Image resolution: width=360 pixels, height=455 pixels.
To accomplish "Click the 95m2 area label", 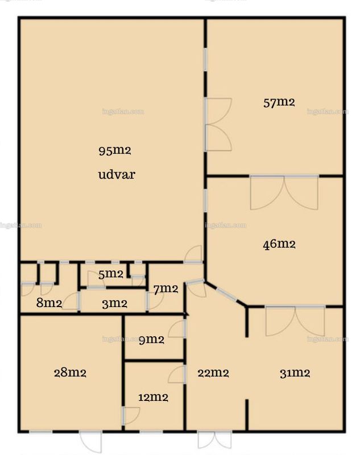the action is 115,151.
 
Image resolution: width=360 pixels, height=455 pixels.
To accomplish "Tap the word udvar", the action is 117,175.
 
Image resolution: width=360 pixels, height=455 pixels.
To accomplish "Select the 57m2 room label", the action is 279,102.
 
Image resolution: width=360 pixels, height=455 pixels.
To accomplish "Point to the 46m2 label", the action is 279,244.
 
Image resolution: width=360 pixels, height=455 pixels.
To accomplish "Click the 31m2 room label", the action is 295,373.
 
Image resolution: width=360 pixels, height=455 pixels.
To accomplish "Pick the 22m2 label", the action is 213,373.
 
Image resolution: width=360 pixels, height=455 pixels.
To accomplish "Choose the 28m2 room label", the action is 70,373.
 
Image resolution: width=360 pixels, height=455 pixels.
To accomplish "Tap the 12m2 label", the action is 153,397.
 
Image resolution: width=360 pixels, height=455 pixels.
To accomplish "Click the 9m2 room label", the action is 151,340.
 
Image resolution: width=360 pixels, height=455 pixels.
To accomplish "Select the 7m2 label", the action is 165,289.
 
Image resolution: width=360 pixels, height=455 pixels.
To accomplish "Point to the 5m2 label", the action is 111,274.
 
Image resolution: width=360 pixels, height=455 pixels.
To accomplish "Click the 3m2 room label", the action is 114,304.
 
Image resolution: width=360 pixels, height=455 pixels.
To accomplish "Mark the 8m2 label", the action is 49,303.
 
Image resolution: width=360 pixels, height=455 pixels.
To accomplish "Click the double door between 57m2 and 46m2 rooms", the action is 284,192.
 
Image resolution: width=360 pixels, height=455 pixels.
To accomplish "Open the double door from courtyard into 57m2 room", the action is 218,125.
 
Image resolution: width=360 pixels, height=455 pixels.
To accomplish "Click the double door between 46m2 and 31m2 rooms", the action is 295,321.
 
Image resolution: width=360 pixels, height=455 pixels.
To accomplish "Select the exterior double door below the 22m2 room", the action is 214,440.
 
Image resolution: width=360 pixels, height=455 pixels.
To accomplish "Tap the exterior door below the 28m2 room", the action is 91,442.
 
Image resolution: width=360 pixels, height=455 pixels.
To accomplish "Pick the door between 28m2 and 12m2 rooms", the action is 131,416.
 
